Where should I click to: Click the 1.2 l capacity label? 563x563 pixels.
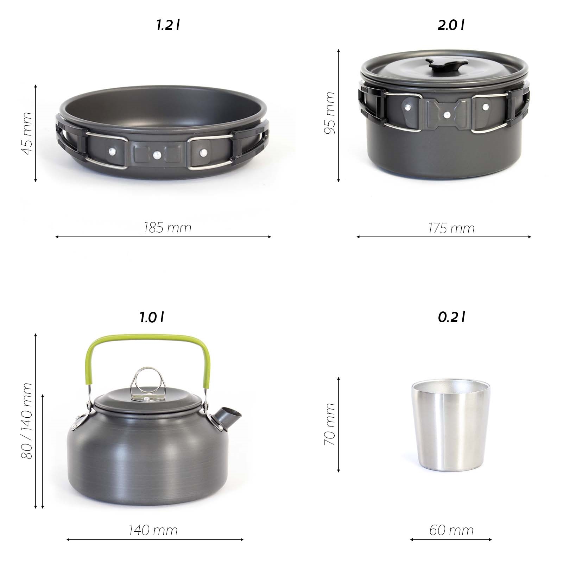pyautogui.click(x=168, y=25)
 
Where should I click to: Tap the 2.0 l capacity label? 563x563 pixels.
pyautogui.click(x=451, y=25)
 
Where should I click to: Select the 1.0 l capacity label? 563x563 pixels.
pyautogui.click(x=152, y=317)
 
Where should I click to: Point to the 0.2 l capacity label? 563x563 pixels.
pyautogui.click(x=451, y=317)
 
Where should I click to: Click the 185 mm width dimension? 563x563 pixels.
pyautogui.click(x=167, y=228)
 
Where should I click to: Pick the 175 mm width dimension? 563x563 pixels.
pyautogui.click(x=451, y=228)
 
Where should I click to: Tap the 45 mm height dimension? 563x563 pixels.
pyautogui.click(x=27, y=133)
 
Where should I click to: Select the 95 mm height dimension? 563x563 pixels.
pyautogui.click(x=330, y=113)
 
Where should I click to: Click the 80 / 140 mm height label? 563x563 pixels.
pyautogui.click(x=27, y=421)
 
